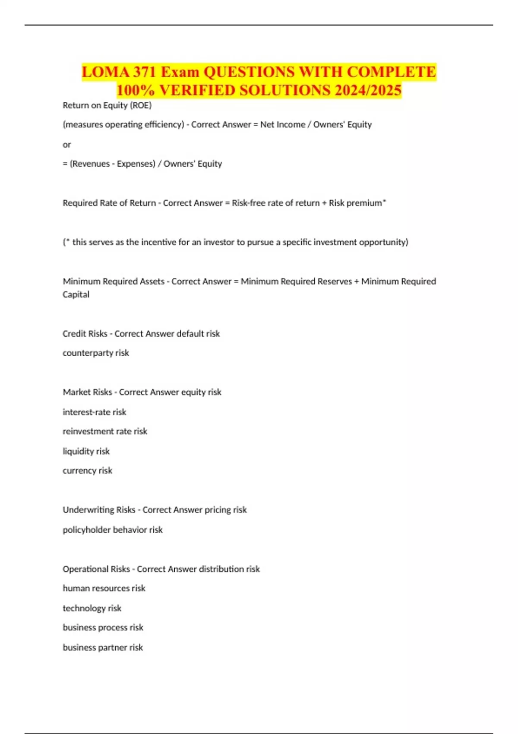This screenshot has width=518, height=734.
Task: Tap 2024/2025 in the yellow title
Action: [368, 91]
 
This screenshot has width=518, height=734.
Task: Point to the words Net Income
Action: [282, 125]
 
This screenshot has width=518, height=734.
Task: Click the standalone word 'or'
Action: [66, 145]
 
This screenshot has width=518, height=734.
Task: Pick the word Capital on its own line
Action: [76, 294]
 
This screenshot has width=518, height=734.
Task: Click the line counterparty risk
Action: [96, 353]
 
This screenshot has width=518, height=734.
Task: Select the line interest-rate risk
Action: [95, 412]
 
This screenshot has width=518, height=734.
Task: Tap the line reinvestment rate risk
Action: [105, 431]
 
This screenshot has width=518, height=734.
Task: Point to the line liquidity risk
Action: [86, 451]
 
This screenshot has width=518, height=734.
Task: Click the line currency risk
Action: [87, 471]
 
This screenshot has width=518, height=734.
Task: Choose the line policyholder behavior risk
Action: [113, 530]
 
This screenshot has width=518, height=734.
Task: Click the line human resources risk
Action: [104, 588]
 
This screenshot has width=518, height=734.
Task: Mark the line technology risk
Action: [92, 608]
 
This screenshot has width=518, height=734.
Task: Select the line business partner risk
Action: [103, 647]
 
